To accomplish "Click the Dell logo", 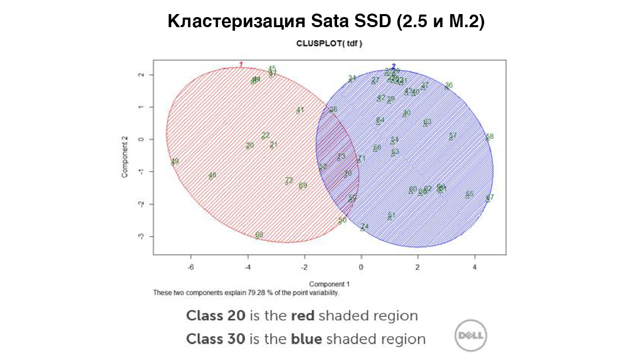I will (470, 334).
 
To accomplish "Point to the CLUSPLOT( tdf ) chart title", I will (330, 44).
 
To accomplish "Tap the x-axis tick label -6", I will (191, 267).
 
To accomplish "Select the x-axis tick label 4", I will (474, 267).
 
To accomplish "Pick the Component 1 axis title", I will (330, 284).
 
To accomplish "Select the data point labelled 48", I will (212, 176).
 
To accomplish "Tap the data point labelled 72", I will (288, 181).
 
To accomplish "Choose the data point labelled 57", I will (452, 136).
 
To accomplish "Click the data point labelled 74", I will (364, 227).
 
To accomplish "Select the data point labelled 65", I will (469, 195).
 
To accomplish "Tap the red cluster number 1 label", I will (241, 64).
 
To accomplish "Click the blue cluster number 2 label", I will (393, 66).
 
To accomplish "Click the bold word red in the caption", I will (302, 316).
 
